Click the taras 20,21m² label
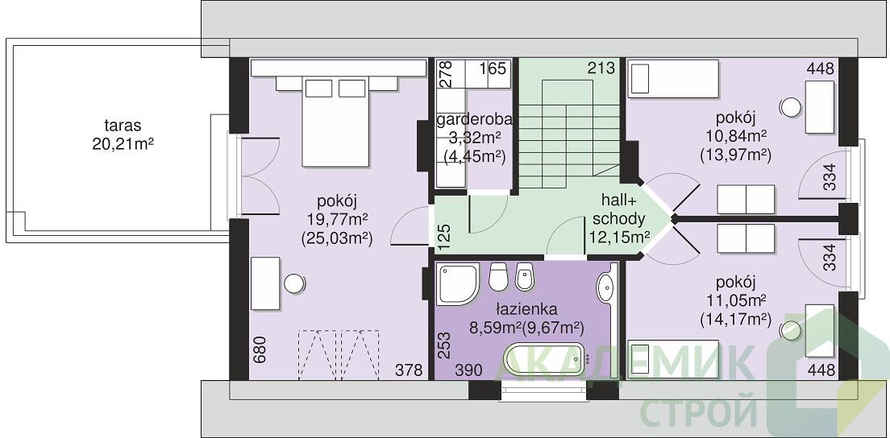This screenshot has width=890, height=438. click(x=123, y=134)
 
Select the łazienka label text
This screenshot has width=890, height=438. click(x=526, y=309)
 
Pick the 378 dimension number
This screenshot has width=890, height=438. click(x=410, y=370)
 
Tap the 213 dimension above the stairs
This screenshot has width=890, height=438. click(x=601, y=68)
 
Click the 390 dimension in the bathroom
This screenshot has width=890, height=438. click(x=469, y=370)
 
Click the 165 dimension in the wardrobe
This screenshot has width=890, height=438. click(x=492, y=69)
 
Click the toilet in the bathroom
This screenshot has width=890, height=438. click(x=497, y=276)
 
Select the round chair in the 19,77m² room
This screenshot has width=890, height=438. click(x=294, y=283)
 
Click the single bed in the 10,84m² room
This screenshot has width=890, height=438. click(x=672, y=78)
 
